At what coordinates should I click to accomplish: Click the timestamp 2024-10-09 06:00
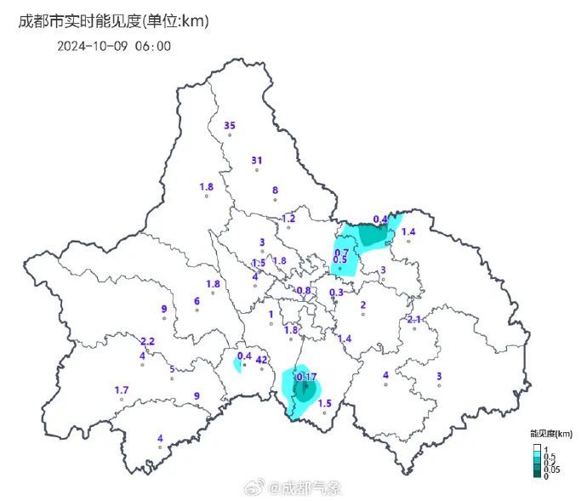coord(114,46)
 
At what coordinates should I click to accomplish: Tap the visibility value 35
coord(229,126)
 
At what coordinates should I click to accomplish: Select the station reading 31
coord(257,161)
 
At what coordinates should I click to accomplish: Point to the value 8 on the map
coord(275,191)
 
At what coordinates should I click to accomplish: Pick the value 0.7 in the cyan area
coord(341,253)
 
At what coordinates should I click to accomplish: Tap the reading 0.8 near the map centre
coord(304,291)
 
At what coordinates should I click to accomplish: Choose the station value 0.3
coord(336,293)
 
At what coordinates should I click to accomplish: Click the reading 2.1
coord(414,319)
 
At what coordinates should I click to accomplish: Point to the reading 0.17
coord(306,376)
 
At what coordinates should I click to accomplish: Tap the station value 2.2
coord(147,341)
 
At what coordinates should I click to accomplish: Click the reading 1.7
coord(122,390)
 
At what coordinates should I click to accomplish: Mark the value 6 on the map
coord(197,300)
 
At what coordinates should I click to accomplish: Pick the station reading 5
coord(172,369)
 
